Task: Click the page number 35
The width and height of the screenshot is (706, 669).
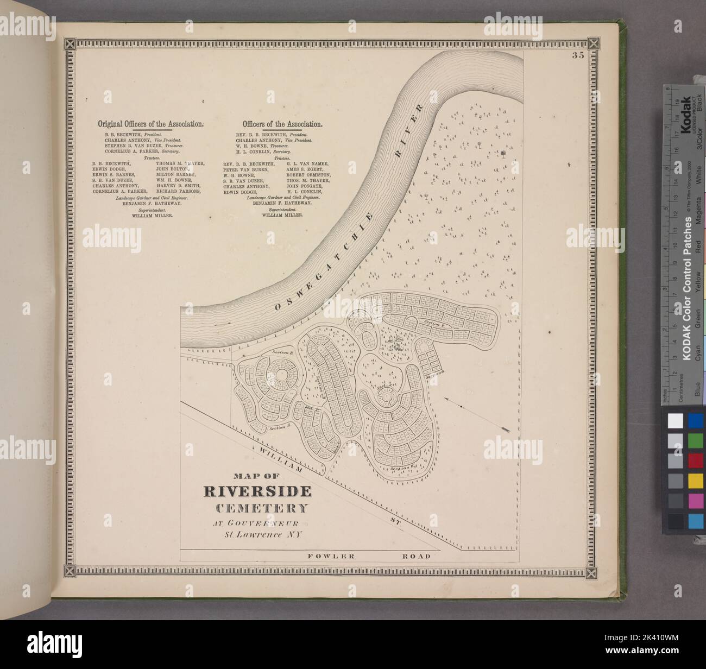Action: [577, 54]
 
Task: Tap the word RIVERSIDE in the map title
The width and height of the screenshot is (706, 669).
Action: [257, 491]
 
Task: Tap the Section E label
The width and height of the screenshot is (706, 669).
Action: [282, 352]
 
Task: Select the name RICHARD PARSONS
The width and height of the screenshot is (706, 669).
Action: [179, 192]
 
